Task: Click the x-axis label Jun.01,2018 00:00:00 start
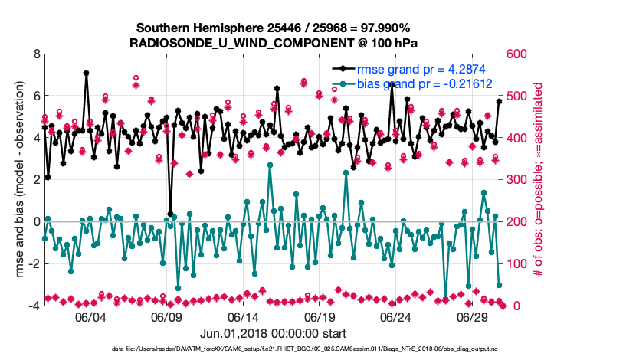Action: pyautogui.click(x=273, y=333)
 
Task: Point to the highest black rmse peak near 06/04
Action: pyautogui.click(x=86, y=74)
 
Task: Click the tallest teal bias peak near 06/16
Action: pyautogui.click(x=270, y=165)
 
